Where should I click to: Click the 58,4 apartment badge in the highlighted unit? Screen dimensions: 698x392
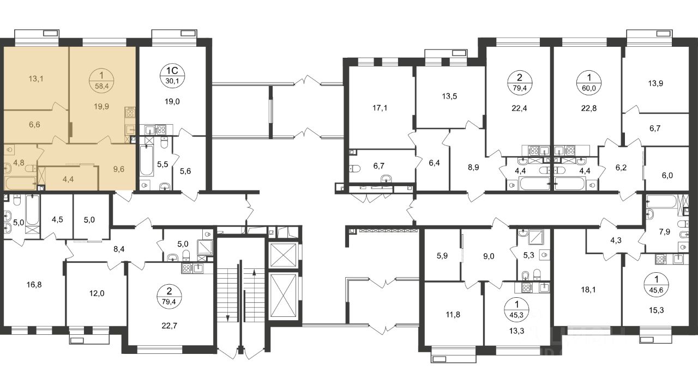pos(101,81)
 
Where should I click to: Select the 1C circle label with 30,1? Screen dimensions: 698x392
pos(172,76)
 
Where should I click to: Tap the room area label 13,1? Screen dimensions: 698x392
pos(36,79)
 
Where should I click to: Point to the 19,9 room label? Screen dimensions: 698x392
pos(101,106)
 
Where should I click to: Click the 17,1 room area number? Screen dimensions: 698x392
pos(380,108)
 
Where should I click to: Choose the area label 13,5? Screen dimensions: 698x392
pos(449,96)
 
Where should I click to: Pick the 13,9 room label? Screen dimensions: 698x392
pos(655,83)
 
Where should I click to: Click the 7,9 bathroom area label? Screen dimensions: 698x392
pos(665,232)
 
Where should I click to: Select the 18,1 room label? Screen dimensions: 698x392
pos(588,290)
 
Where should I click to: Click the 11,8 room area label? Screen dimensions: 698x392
pos(453,315)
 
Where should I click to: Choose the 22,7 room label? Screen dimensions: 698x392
pos(170,326)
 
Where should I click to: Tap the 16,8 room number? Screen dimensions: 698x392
pos(34,285)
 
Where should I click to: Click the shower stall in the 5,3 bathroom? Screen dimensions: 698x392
pos(536,237)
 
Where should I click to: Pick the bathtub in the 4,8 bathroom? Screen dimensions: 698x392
pos(21,183)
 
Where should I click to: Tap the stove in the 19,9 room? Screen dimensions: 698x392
pos(130,112)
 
